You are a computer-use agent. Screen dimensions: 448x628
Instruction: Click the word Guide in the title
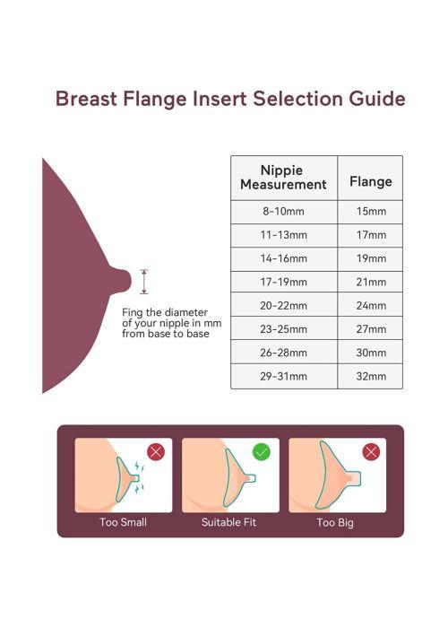coord(377,99)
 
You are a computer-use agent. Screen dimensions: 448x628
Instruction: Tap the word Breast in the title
coord(86,99)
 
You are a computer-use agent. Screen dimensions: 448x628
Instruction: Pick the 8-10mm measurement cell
coord(283,211)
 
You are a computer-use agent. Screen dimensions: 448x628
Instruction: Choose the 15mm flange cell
coord(371,211)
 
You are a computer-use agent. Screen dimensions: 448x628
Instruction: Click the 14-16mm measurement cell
coord(283,258)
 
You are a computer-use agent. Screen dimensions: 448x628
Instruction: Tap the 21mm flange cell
coord(371,282)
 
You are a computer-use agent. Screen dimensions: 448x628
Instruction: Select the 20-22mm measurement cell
coord(283,306)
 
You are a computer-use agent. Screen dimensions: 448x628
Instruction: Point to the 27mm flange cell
coord(371,329)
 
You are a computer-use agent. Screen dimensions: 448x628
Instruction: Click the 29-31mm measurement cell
coord(283,377)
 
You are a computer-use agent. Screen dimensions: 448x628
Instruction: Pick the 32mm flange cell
coord(371,377)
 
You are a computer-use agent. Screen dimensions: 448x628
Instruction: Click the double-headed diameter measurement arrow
coord(144,282)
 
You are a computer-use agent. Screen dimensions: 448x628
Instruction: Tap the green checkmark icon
coord(262,452)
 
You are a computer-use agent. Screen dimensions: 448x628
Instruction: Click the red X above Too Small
coord(156,452)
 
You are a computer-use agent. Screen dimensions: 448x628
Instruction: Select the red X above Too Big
coord(371,452)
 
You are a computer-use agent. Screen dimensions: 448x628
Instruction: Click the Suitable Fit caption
coord(228,522)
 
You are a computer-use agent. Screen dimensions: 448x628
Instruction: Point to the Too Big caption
coord(335,523)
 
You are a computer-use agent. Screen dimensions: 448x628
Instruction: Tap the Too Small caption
coord(124,522)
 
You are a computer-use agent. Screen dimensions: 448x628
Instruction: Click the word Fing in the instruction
coord(132,313)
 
